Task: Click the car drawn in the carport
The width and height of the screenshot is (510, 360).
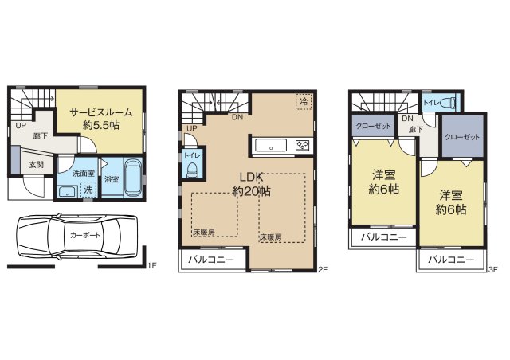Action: [76, 237]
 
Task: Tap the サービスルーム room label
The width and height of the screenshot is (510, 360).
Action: [101, 112]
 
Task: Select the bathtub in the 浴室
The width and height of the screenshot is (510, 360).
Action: [133, 178]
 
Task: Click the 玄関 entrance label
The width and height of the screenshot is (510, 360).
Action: [37, 165]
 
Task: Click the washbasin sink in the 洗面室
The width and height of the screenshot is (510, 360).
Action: [67, 191]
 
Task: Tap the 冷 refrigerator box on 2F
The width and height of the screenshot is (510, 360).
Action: [304, 101]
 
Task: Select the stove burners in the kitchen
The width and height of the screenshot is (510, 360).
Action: [303, 145]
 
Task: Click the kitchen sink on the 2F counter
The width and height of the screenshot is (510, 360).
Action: [271, 145]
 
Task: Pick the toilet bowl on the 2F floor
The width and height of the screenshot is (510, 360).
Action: [192, 170]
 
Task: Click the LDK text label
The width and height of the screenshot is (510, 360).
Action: [251, 177]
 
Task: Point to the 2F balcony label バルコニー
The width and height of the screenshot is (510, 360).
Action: [211, 260]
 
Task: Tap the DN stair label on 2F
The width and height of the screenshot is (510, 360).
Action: [237, 117]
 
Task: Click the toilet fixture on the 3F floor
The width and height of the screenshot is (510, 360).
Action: [449, 103]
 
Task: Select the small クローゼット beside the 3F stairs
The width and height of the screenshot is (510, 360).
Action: [373, 126]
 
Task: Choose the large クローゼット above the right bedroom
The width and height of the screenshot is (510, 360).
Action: [462, 137]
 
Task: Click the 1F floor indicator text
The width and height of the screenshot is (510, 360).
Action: [152, 265]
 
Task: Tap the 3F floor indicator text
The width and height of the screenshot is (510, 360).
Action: [493, 269]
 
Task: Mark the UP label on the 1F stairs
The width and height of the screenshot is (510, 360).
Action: [21, 125]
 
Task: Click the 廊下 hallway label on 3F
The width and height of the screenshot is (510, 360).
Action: [416, 130]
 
